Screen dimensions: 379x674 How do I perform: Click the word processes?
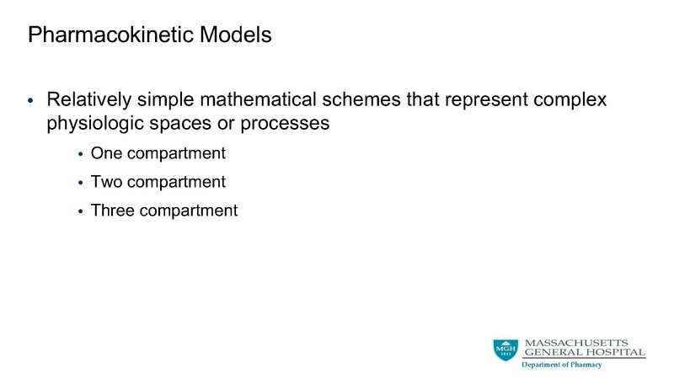coord(281,123)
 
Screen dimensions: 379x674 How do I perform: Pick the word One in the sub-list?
coord(106,154)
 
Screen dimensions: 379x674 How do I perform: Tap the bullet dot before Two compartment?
coord(81,183)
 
